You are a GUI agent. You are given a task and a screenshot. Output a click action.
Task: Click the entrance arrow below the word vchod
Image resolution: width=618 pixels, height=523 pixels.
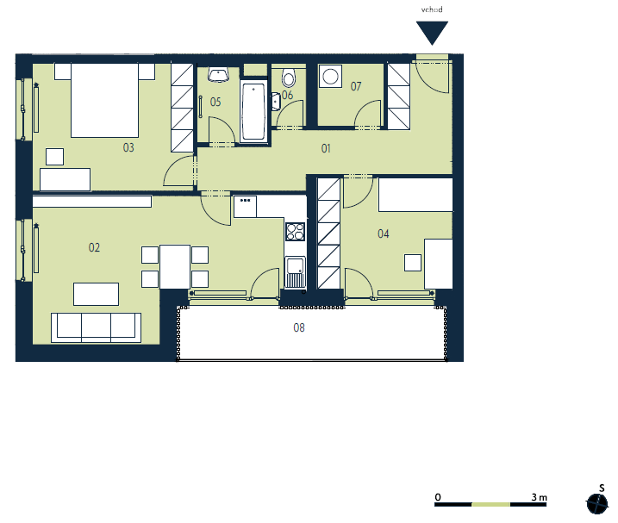pyautogui.click(x=432, y=33)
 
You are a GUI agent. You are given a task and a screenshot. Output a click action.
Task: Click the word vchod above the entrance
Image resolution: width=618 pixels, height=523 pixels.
pyautogui.click(x=432, y=9)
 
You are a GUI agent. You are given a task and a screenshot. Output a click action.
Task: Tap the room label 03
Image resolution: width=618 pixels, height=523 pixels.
pyautogui.click(x=128, y=148)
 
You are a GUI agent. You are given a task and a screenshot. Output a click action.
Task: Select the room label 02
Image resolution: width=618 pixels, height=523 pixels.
pyautogui.click(x=94, y=247)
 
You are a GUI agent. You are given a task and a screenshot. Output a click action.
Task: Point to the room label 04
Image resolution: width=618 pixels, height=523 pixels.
pyautogui.click(x=383, y=233)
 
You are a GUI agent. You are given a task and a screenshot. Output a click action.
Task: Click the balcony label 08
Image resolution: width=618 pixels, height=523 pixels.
pyautogui.click(x=299, y=327)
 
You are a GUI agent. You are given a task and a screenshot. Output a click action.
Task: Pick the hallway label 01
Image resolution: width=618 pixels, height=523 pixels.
pyautogui.click(x=326, y=148)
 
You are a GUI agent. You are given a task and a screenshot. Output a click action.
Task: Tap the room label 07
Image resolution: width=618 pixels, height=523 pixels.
pyautogui.click(x=356, y=86)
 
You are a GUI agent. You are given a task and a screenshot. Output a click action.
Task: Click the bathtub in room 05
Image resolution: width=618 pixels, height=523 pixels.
pyautogui.click(x=253, y=111)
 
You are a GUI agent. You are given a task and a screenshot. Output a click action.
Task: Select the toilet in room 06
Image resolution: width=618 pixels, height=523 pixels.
pyautogui.click(x=289, y=78)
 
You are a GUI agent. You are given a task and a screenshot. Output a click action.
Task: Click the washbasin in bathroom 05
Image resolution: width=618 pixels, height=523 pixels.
pyautogui.click(x=218, y=75)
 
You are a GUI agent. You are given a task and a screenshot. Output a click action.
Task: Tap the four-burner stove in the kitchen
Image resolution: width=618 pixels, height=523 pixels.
pyautogui.click(x=295, y=232)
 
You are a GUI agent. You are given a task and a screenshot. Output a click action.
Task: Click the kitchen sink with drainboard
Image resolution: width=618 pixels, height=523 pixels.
pyautogui.click(x=295, y=272)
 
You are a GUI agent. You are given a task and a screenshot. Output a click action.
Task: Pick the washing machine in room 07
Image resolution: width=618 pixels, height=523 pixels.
pyautogui.click(x=330, y=76)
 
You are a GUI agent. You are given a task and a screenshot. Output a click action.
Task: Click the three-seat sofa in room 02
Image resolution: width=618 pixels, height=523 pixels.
pyautogui.click(x=97, y=327)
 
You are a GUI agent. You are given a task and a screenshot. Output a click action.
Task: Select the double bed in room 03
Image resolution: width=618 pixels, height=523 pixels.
pyautogui.click(x=104, y=101)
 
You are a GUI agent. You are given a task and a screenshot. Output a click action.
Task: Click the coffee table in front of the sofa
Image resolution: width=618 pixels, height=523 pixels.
pyautogui.click(x=97, y=294)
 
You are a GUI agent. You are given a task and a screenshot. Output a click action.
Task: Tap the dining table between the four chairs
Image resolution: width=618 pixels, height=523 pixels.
pyautogui.click(x=175, y=267)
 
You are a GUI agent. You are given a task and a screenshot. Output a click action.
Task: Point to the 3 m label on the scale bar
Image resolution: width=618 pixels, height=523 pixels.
pyautogui.click(x=540, y=497)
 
